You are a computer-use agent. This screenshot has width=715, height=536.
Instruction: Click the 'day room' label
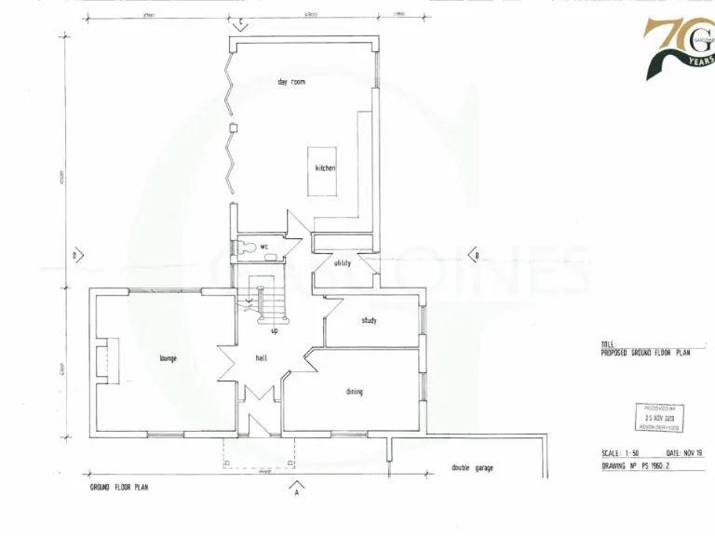(x=291, y=82)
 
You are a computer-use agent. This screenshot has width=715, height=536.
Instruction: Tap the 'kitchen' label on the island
(x=325, y=168)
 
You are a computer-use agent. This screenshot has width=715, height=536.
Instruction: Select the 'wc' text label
(x=264, y=247)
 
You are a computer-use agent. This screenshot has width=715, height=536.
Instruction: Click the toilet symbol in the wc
(x=244, y=247)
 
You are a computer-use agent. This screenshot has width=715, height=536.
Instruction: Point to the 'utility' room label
(x=343, y=263)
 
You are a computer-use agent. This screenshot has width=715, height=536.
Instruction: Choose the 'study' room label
(x=369, y=320)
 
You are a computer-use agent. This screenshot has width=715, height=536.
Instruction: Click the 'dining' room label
(x=355, y=392)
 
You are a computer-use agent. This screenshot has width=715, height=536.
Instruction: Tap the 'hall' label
(x=263, y=358)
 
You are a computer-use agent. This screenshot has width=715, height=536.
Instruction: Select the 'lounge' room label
(x=169, y=358)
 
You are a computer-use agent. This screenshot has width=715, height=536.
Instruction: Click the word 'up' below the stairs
(x=274, y=330)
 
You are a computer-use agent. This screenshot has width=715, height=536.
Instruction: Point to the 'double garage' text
(x=473, y=467)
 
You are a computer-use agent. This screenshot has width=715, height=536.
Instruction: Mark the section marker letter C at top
(x=239, y=20)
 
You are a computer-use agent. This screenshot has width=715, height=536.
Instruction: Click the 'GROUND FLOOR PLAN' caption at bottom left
(x=118, y=487)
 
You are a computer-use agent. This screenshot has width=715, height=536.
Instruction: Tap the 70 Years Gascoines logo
(x=679, y=47)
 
